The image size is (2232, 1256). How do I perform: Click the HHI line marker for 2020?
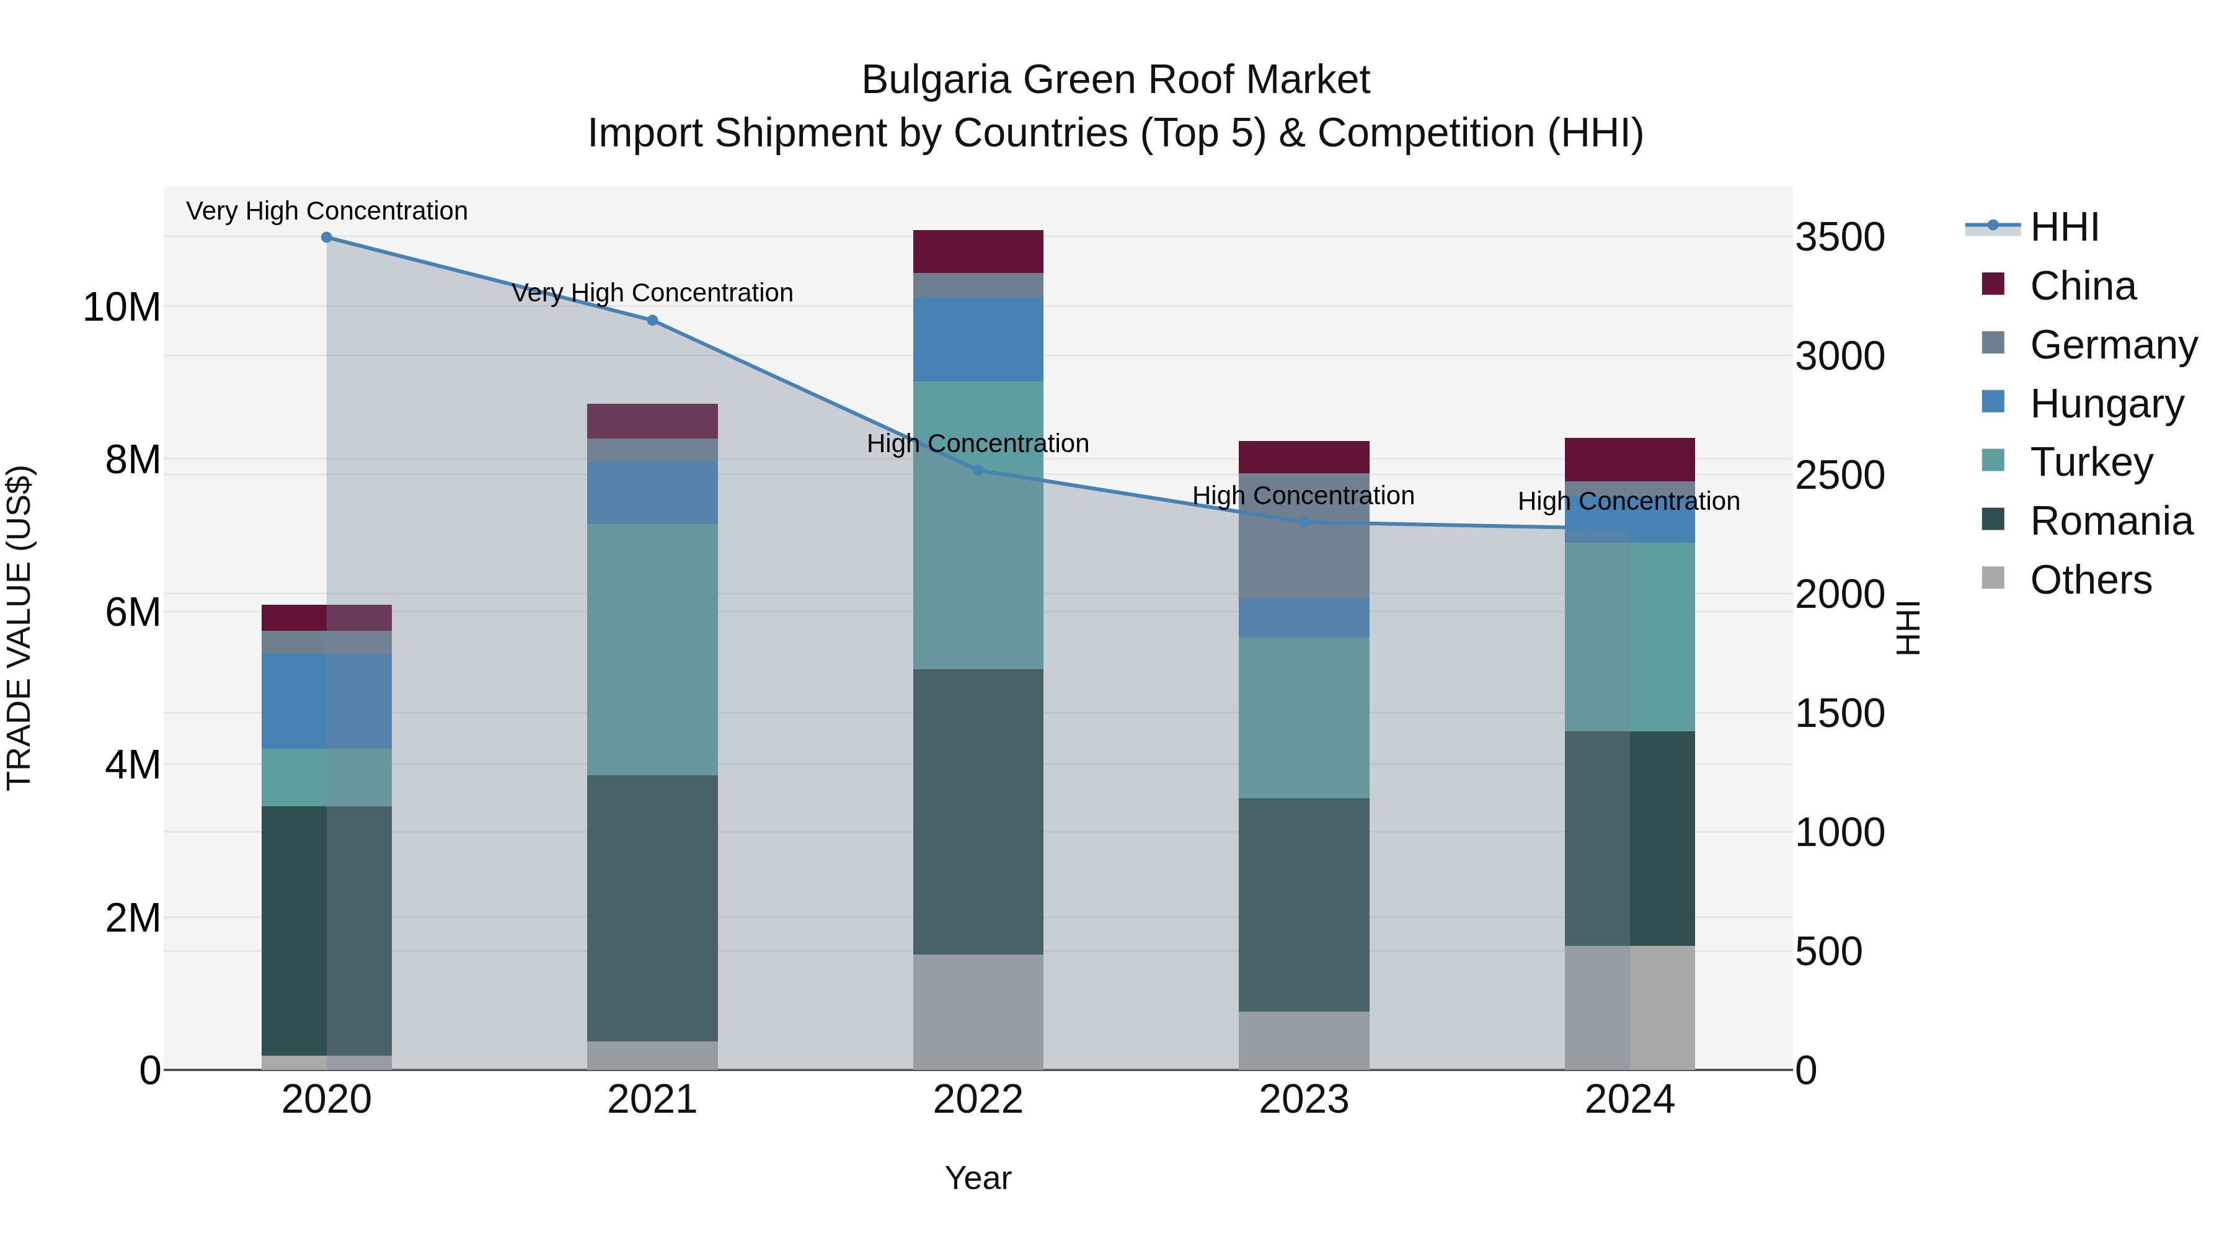(327, 238)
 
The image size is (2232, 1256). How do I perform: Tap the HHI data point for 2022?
(978, 470)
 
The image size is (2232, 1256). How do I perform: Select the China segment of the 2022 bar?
(978, 251)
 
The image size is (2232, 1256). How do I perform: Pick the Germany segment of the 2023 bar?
(1304, 536)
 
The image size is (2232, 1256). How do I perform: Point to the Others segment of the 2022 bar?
(978, 1012)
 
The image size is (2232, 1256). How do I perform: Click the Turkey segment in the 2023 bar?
(1304, 718)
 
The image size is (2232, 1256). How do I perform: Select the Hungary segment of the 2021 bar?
(652, 492)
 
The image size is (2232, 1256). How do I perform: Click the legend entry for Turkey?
(2090, 462)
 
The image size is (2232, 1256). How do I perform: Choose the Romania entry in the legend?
(2110, 521)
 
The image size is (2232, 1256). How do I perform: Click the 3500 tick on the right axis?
(1840, 238)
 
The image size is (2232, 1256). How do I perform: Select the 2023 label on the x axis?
(1303, 1100)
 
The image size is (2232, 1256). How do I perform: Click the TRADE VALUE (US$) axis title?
(19, 628)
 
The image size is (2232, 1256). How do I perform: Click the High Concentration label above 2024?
(1628, 501)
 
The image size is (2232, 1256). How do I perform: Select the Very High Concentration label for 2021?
(652, 293)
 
